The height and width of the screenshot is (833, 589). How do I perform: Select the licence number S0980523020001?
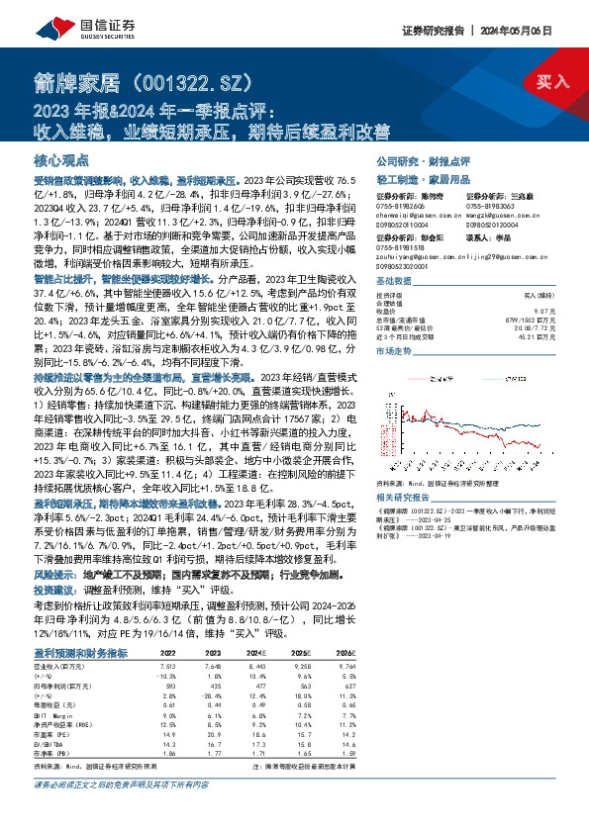pyautogui.click(x=405, y=268)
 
